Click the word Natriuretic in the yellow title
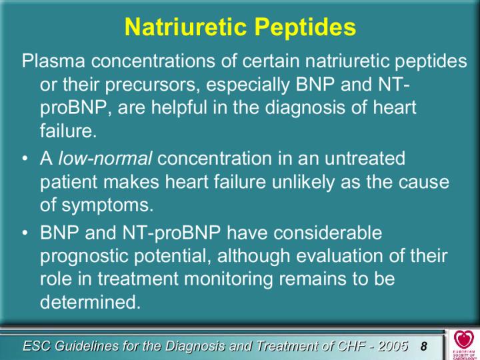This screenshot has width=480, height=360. pos(185,27)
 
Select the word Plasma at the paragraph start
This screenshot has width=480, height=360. pos(53,61)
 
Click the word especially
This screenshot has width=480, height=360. pos(247,85)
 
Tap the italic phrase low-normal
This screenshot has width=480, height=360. pos(105,158)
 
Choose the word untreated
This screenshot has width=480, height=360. pos(365,158)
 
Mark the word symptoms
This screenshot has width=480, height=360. pos(107,206)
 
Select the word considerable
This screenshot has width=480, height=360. pos(328,233)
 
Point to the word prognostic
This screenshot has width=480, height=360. pos(85,257)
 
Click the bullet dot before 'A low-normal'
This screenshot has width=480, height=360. pos(25,159)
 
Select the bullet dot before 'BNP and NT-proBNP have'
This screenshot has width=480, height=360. pos(25,233)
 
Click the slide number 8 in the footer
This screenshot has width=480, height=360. pos(424,346)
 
